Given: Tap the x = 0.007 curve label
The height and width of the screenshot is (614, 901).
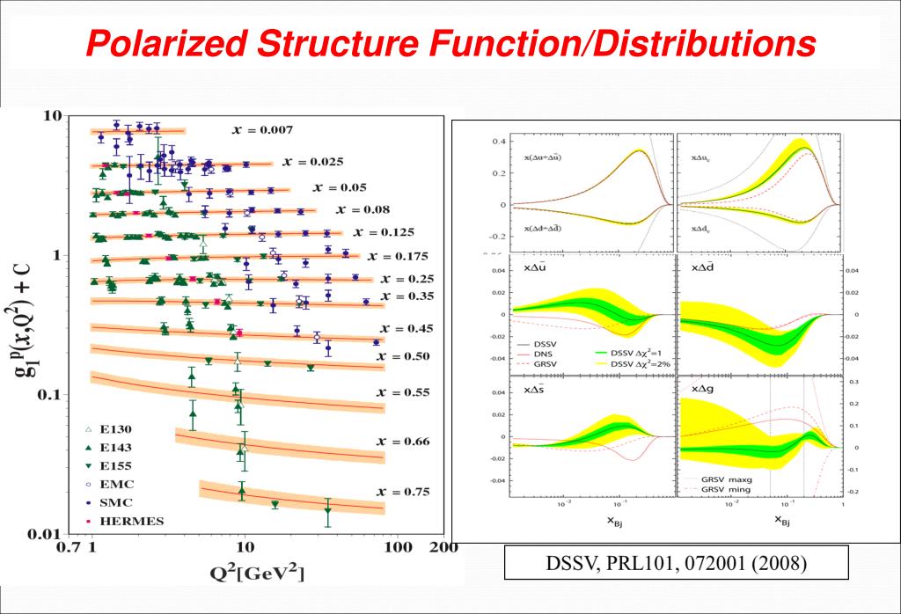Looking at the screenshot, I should (263, 129).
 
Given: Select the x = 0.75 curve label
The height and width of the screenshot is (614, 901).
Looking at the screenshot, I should (404, 492).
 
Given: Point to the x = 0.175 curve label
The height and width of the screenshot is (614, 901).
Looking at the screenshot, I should (398, 257).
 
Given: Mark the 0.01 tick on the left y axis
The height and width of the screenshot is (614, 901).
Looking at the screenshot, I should (43, 534).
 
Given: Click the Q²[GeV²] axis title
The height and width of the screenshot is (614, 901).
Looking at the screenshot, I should (256, 574).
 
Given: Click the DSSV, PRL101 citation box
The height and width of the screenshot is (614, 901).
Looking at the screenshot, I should (676, 563).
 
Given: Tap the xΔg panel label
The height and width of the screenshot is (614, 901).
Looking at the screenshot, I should (702, 389).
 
